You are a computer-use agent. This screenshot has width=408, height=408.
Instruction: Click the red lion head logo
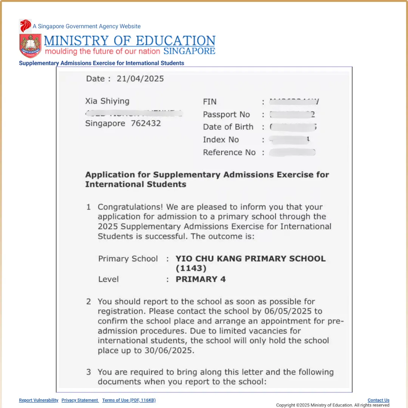coord(25,26)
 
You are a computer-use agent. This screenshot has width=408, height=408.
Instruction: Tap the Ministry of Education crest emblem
coord(30,45)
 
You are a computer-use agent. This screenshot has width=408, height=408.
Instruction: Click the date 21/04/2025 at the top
coord(140,79)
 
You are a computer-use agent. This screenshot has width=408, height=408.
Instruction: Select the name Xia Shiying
coord(107,101)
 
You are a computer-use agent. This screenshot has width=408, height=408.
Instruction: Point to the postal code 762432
coord(146,124)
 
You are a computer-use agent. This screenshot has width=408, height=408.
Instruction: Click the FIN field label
coord(210,102)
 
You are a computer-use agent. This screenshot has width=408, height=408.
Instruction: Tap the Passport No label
coord(226,114)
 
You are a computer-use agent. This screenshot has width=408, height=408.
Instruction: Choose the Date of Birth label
coord(228,127)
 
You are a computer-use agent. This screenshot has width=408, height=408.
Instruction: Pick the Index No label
coord(221,140)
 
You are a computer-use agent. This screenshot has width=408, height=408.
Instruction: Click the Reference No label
coord(229,153)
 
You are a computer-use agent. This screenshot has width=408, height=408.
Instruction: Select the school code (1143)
coord(191,269)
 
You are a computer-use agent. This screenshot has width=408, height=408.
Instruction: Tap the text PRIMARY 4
coord(201,279)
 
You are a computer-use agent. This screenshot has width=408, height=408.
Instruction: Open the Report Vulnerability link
coord(39,400)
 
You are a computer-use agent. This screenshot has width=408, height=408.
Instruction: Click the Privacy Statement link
coord(80,400)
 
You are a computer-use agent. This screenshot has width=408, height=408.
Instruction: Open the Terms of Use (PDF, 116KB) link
coord(129,400)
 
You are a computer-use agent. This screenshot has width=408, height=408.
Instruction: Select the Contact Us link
coord(378,400)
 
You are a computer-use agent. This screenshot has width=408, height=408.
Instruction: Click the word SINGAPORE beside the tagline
coord(189,51)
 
